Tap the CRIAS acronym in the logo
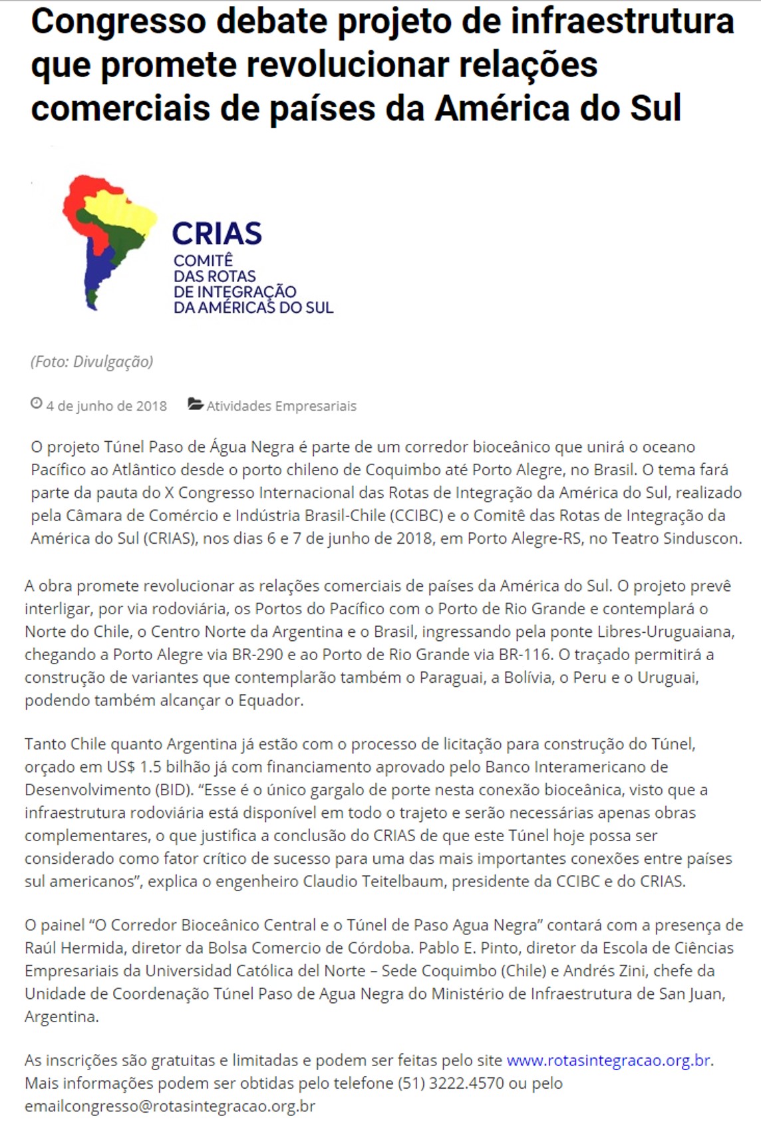217,234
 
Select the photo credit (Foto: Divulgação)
92,361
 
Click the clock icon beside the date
37,404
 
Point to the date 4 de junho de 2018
106,406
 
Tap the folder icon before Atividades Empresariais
196,404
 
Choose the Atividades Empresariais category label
281,406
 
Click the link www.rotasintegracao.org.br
609,1060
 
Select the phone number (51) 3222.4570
451,1083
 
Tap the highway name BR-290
257,654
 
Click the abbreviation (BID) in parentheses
174,790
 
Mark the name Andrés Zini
604,971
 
